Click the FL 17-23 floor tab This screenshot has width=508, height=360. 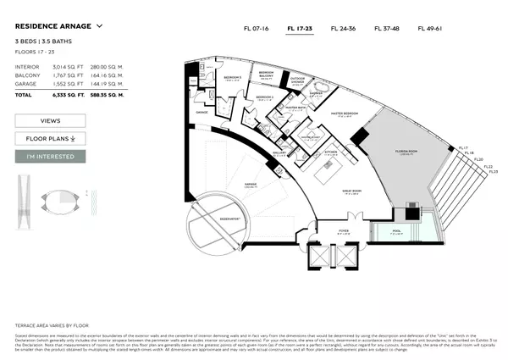[x=300, y=28]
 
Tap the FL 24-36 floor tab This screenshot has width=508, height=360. [x=344, y=28]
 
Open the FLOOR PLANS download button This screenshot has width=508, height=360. [x=50, y=138]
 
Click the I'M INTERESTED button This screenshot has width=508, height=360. [x=50, y=156]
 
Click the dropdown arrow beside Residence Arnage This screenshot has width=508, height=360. [x=100, y=26]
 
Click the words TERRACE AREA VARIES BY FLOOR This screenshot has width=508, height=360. [x=52, y=324]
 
